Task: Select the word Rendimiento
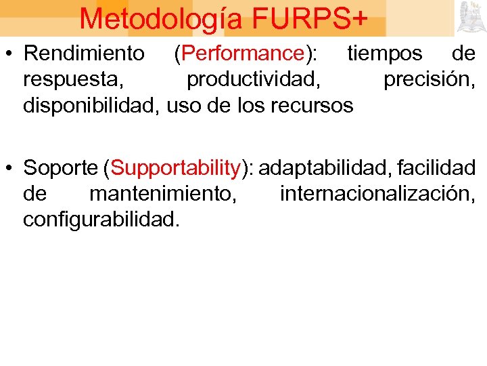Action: tap(84, 53)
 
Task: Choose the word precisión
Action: tap(429, 79)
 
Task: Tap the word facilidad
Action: tap(436, 167)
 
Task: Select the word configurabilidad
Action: tap(101, 220)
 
